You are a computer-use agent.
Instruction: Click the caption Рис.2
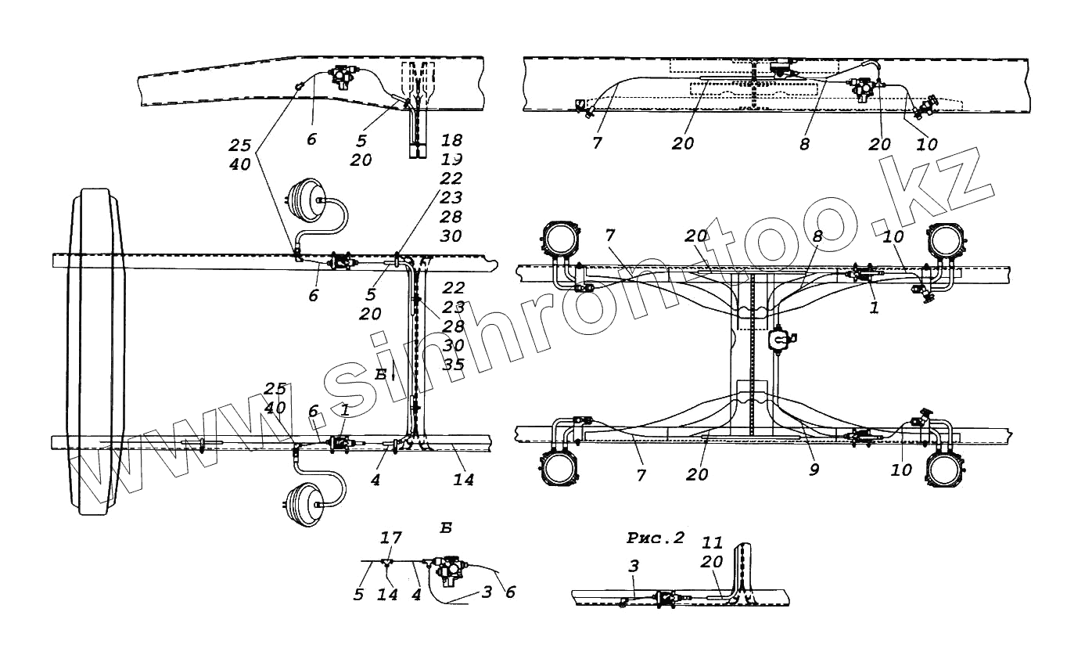(656, 538)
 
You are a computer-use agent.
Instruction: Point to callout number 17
(390, 538)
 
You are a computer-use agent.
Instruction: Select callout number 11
(713, 542)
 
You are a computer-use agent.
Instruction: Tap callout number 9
(814, 471)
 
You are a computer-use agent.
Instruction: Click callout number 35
(453, 364)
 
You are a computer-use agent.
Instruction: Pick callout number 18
(451, 140)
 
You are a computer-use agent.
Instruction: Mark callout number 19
(451, 159)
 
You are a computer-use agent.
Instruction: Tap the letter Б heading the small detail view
(445, 527)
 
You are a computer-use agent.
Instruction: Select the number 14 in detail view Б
(386, 595)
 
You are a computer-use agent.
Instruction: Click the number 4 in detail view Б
(416, 595)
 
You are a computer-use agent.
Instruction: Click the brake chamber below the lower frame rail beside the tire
(304, 503)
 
